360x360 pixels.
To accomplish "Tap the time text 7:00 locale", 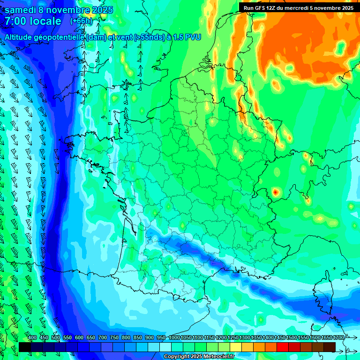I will coord(33,21).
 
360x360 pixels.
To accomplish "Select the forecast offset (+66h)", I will coord(81,21).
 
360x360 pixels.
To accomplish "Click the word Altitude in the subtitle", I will coord(21,37).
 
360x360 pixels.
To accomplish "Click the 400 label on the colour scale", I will coord(32,338).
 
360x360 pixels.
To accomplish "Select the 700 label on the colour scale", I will coord(103,338).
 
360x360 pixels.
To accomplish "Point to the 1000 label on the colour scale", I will coord(174,338).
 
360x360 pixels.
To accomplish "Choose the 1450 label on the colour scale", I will coord(280,338).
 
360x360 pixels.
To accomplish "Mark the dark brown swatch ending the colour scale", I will coord(330,347).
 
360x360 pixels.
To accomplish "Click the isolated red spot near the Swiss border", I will coord(275,192).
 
